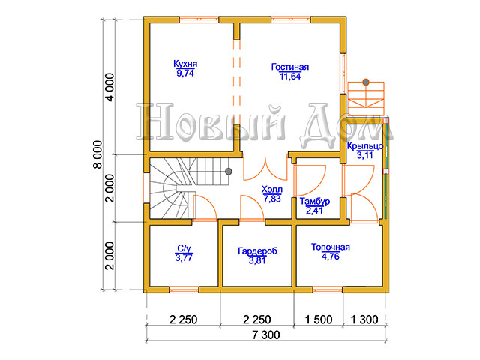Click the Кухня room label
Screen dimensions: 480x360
(x=185, y=64)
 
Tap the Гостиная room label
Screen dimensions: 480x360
(x=290, y=67)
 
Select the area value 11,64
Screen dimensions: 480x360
(x=290, y=76)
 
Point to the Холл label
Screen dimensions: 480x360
(x=272, y=189)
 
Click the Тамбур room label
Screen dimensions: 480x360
(x=315, y=202)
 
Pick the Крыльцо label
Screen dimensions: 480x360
(x=365, y=146)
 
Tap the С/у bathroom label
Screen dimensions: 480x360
(x=184, y=248)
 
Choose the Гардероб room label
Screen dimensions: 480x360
(x=257, y=251)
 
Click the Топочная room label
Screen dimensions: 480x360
(x=331, y=247)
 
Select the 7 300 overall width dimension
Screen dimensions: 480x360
(x=266, y=335)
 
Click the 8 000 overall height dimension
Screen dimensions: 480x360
(x=97, y=154)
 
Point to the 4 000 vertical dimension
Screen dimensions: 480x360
(x=109, y=87)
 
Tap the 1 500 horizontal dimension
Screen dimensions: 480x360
(x=319, y=319)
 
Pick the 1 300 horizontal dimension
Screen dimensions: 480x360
(x=364, y=319)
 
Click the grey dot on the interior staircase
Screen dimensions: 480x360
(x=228, y=172)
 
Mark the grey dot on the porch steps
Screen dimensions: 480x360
(x=366, y=82)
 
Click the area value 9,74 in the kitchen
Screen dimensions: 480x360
(x=185, y=73)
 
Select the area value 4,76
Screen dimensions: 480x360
(x=331, y=256)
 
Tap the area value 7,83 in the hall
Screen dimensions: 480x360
(x=272, y=199)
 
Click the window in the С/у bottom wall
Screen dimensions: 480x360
(x=184, y=289)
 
